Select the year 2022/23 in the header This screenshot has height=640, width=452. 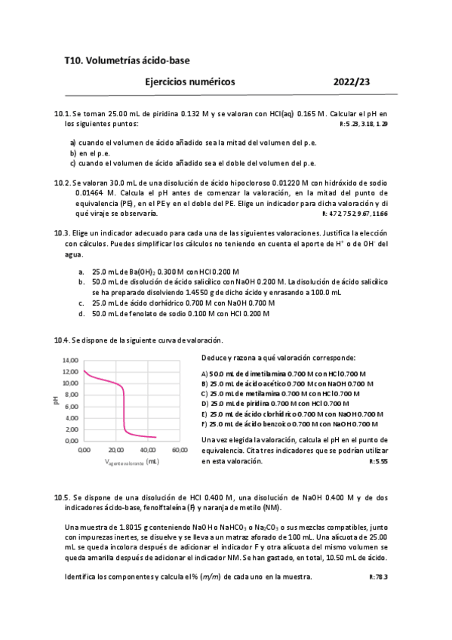(352, 82)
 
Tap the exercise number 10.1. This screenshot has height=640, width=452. (62, 114)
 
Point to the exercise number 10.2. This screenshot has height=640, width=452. (62, 183)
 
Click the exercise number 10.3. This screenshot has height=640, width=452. (62, 233)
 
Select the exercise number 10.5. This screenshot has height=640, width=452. (62, 498)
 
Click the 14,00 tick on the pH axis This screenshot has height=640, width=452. (70, 360)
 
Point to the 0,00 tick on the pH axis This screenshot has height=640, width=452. (72, 440)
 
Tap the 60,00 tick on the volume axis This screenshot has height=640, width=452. (178, 450)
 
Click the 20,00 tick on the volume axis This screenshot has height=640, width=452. (115, 450)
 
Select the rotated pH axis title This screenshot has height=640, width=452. (55, 400)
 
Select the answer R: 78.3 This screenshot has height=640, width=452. (378, 577)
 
